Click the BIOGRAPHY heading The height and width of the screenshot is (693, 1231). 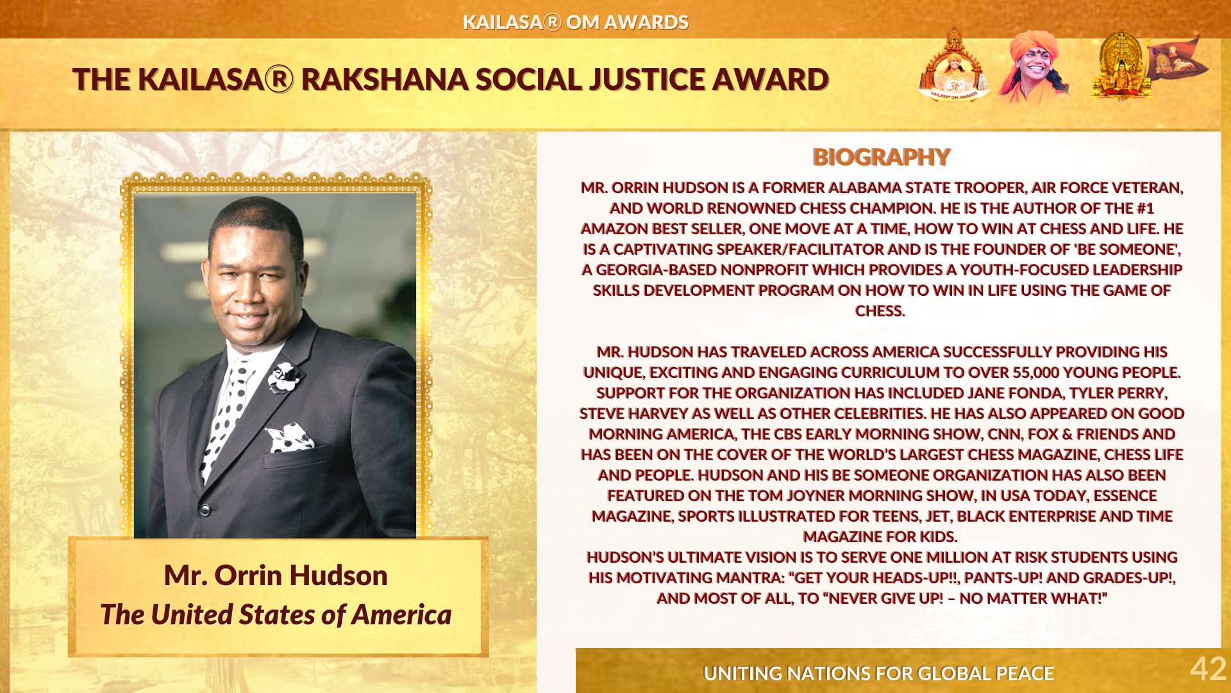pos(881,157)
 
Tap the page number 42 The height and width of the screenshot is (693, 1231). pos(1208,669)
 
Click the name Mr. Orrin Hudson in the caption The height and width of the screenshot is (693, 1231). pos(276,576)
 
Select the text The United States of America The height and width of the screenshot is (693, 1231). pos(276,615)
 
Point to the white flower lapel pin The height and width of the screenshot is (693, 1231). pos(283,377)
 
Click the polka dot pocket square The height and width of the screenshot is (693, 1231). pos(290,437)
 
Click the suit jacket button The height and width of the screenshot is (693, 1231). pos(205,510)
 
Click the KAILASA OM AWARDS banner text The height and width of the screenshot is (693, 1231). pos(575,22)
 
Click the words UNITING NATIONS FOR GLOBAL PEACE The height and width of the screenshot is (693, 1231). pos(878,673)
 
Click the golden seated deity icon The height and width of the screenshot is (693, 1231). pos(1121,67)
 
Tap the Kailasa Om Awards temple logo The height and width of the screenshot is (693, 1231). pos(953,65)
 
